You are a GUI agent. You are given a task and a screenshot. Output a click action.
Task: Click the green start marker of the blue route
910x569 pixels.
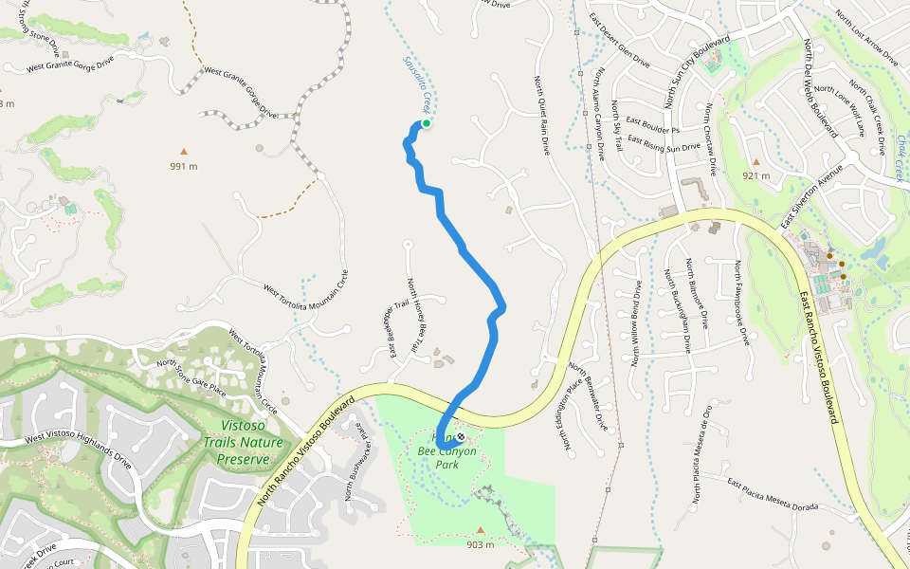tap(426, 123)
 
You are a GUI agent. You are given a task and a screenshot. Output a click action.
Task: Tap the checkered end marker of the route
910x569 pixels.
tap(461, 437)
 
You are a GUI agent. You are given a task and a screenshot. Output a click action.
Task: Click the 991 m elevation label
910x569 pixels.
tap(184, 166)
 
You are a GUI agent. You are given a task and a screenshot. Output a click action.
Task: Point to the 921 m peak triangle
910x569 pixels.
tap(756, 161)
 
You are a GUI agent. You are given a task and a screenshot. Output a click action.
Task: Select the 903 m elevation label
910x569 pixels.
tap(481, 544)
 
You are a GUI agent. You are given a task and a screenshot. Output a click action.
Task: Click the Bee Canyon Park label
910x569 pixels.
tap(446, 458)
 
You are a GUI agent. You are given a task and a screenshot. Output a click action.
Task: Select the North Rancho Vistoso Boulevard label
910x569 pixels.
tap(306, 450)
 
